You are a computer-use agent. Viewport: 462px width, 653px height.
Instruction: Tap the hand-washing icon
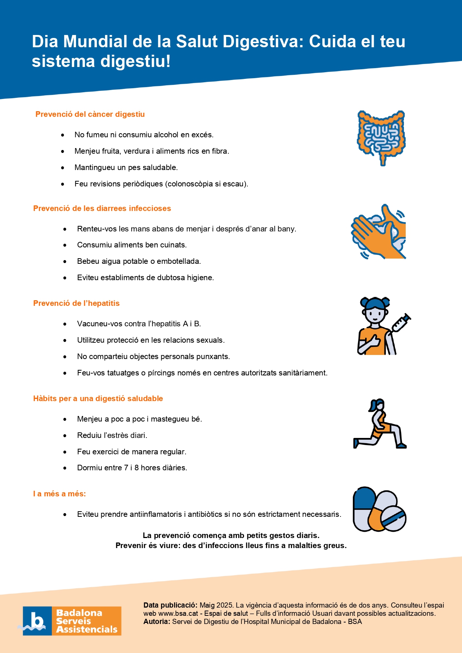(x=379, y=232)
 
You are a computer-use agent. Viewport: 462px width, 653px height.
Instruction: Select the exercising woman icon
(x=380, y=424)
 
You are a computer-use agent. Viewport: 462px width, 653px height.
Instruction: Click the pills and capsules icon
(x=379, y=509)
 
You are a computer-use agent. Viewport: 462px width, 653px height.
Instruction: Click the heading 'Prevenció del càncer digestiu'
(x=90, y=114)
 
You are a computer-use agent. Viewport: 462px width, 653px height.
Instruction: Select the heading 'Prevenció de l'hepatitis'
(x=76, y=303)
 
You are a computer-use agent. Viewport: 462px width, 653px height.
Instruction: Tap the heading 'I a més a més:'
(x=60, y=494)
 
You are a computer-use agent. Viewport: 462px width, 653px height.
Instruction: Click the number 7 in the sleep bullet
(x=126, y=468)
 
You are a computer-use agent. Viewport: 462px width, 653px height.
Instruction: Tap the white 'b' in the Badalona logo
(x=37, y=621)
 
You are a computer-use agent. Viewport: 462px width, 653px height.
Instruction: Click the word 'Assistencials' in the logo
(x=87, y=630)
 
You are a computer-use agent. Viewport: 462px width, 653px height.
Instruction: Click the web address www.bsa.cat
(x=178, y=613)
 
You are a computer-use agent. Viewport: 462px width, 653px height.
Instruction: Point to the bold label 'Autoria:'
(x=157, y=621)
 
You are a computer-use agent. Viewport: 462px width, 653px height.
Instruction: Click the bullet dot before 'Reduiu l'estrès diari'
(x=65, y=436)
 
